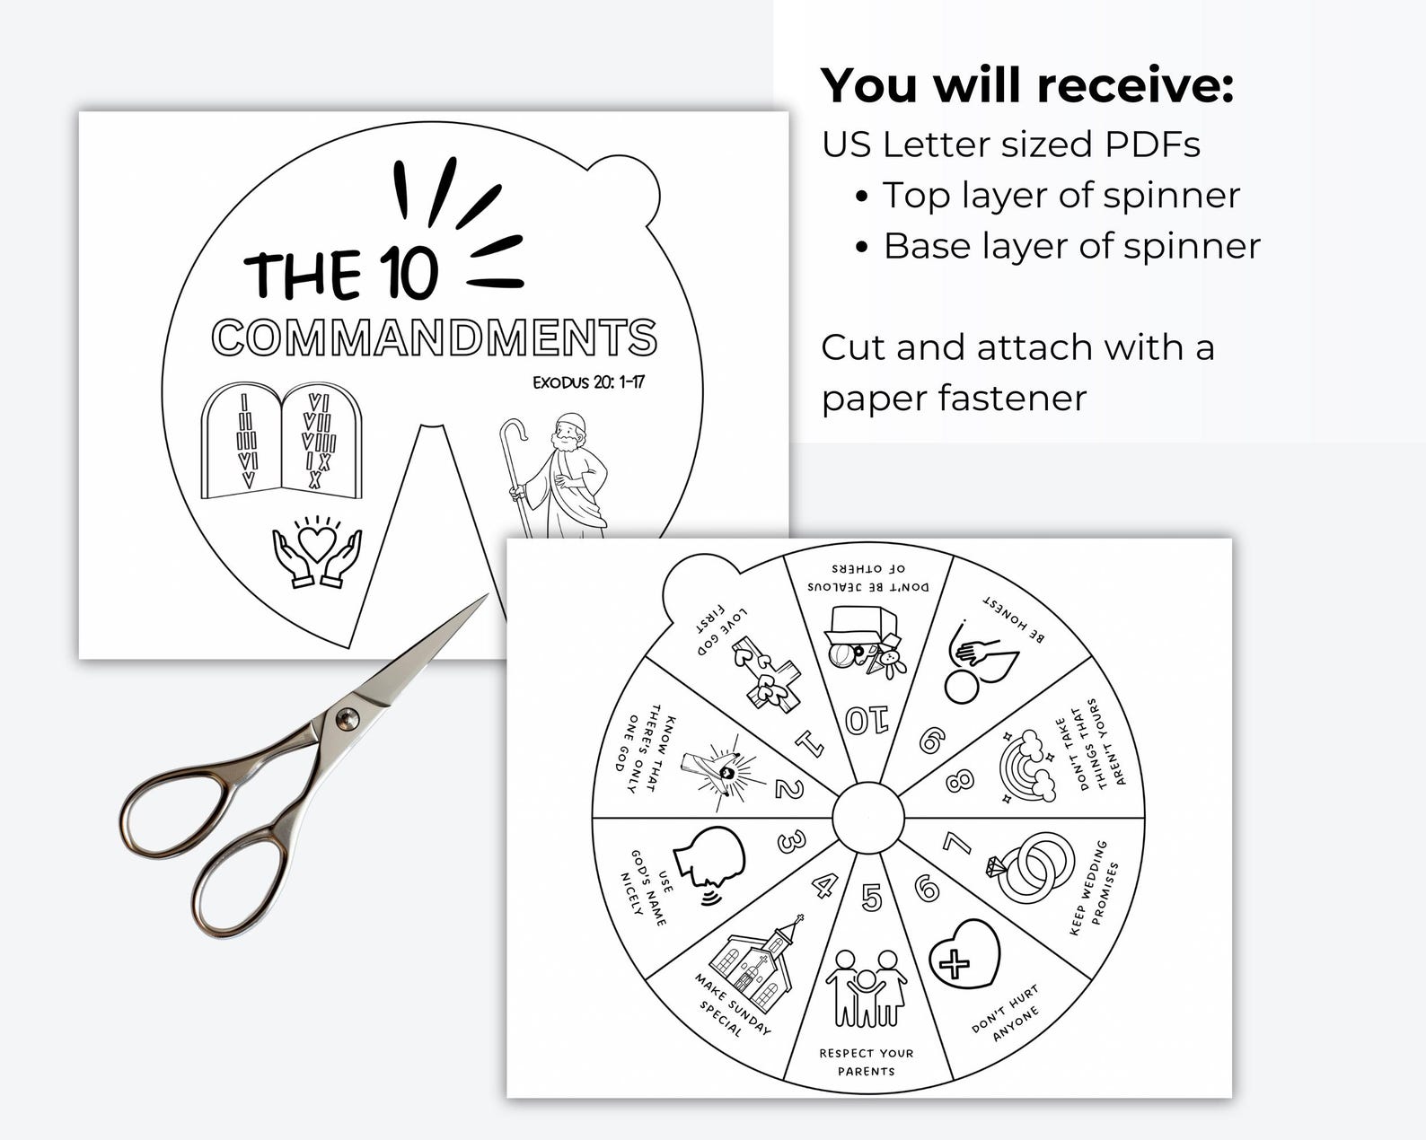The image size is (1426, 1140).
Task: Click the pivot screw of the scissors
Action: tap(346, 717)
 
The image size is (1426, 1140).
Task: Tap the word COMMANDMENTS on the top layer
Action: tap(434, 338)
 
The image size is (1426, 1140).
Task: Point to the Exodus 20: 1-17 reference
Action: tap(588, 382)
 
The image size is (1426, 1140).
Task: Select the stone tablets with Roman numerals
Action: tap(281, 441)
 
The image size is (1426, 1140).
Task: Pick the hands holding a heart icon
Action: tap(317, 552)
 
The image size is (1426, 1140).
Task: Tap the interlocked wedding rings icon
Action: tap(1032, 866)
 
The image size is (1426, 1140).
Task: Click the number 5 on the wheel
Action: tap(871, 897)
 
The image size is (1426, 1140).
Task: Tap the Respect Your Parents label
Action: tap(866, 1062)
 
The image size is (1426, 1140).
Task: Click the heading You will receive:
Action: tap(1027, 86)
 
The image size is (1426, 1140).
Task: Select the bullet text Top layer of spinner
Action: tap(1061, 196)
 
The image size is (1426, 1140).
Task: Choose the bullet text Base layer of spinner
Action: tap(1071, 247)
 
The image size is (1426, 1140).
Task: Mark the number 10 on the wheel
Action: tap(867, 720)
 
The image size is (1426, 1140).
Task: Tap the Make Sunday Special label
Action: tap(733, 1004)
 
